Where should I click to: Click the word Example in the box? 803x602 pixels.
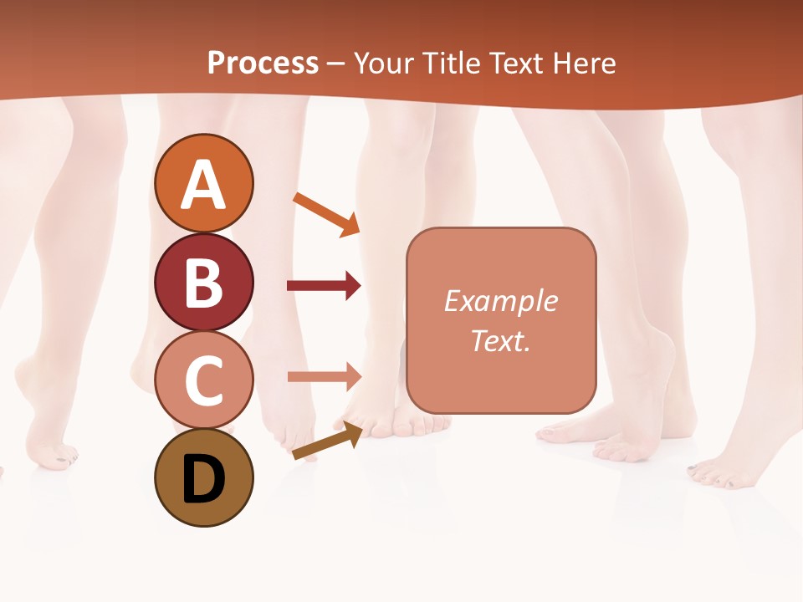coord(500,301)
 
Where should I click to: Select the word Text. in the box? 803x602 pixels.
coord(500,340)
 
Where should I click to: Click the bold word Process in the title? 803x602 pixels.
coord(263,63)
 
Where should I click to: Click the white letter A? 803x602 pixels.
coord(203,185)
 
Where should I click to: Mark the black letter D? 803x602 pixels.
coord(203,479)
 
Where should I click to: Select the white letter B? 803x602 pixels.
coord(203,283)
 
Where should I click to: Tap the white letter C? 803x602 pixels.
coord(203,382)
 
